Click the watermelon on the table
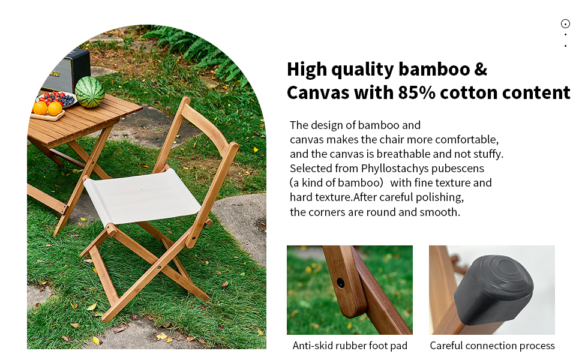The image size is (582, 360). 89,92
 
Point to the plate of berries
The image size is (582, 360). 56,100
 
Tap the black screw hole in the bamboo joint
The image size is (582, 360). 340,283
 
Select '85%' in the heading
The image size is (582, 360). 416,92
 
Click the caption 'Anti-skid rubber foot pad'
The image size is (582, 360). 350,346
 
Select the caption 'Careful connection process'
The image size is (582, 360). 492,346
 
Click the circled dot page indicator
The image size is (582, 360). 565,24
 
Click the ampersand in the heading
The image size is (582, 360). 481,70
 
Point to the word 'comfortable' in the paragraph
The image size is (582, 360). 467,140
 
